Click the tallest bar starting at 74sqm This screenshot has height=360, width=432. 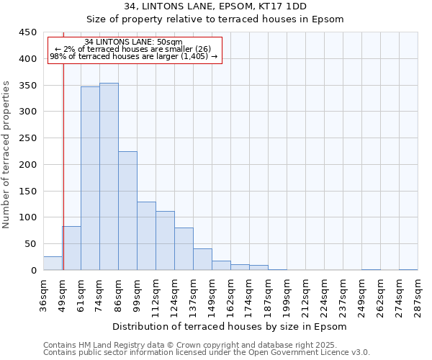coord(109,176)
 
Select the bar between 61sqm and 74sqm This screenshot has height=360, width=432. coord(90,179)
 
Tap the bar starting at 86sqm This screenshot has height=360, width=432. coord(127,210)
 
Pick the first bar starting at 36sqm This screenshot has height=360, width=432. coord(53,264)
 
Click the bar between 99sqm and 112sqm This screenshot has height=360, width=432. coord(146,235)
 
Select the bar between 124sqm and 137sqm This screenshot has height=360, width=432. coord(184,248)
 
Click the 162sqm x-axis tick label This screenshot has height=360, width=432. coord(231,295)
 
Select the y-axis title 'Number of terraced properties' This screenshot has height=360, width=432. coord(6,155)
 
